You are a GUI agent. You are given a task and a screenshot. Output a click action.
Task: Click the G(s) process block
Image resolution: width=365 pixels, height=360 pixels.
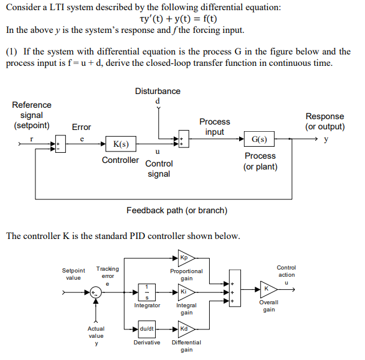click(260, 140)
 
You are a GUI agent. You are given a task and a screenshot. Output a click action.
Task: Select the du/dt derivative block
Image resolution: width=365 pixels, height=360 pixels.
click(147, 329)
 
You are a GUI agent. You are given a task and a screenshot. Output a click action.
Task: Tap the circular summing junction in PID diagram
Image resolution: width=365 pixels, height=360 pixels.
click(95, 293)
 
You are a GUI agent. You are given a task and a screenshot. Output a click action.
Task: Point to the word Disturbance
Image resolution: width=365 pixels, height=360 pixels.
click(158, 91)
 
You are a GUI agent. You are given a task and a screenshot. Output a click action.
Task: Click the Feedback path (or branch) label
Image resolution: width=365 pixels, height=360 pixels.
click(177, 210)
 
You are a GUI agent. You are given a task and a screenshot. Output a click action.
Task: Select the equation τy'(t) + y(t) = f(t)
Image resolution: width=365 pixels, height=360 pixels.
click(178, 18)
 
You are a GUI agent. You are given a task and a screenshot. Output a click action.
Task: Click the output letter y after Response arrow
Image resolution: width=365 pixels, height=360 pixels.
click(326, 140)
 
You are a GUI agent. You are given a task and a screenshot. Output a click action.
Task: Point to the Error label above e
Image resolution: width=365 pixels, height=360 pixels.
click(82, 127)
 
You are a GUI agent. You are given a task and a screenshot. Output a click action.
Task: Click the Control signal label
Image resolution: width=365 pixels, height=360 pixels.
click(159, 168)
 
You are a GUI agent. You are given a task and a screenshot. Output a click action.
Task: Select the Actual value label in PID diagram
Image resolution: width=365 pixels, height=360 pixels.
click(96, 332)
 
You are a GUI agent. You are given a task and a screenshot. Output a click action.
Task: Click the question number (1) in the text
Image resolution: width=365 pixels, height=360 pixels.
click(12, 52)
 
